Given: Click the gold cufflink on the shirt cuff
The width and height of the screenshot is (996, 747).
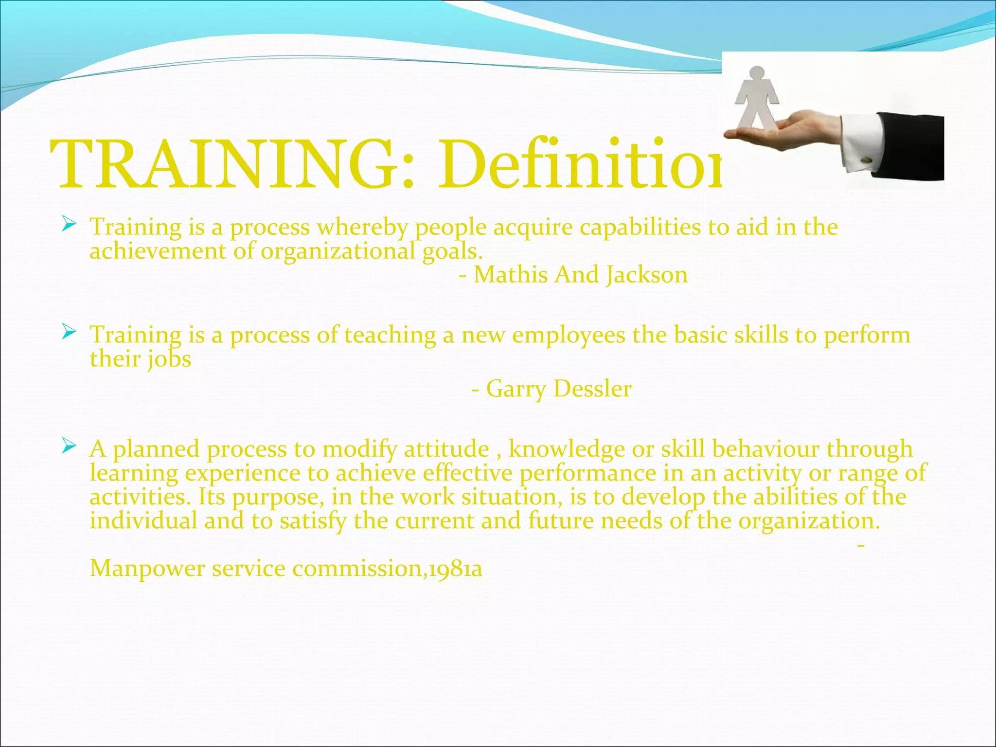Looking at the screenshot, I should [867, 159].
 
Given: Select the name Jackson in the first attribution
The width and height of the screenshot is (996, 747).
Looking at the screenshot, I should [647, 275].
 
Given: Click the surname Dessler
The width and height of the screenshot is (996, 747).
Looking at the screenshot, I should [592, 389].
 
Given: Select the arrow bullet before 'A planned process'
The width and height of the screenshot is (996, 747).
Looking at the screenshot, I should [69, 446].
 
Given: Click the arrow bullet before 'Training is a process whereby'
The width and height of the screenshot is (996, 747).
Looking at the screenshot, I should [69, 224].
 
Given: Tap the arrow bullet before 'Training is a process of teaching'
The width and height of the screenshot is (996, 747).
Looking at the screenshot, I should [69, 332].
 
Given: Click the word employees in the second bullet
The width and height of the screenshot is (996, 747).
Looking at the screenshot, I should [569, 335].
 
